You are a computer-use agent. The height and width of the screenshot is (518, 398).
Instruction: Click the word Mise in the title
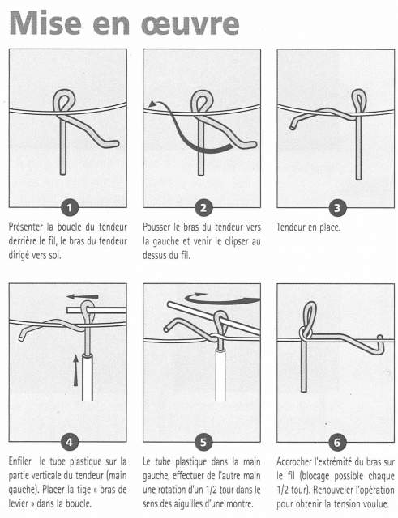(45, 23)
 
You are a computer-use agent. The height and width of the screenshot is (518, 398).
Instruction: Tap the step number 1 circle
(69, 208)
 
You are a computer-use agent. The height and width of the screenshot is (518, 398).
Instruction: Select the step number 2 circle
(203, 208)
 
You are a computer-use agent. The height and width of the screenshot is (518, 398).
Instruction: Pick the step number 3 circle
(337, 208)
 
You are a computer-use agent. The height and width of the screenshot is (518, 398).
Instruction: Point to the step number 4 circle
(69, 442)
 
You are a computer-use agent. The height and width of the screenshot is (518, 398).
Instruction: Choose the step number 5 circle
(203, 442)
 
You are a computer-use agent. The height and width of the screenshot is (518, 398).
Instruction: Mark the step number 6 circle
(337, 442)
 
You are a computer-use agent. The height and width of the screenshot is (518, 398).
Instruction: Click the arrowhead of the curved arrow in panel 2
(152, 104)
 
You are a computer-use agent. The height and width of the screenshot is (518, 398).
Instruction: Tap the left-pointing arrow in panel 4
(83, 296)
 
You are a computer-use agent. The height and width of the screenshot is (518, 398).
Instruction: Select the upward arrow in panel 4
(76, 370)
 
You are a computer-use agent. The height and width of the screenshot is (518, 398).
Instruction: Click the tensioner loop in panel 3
(359, 100)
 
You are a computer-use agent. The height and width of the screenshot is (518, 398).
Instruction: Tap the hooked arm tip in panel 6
(380, 344)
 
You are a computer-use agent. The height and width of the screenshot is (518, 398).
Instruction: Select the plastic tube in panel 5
(220, 375)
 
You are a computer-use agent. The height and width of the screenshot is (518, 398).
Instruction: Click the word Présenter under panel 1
(26, 227)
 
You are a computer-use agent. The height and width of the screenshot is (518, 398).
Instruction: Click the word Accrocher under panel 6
(293, 461)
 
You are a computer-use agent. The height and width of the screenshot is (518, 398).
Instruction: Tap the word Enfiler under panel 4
(20, 461)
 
